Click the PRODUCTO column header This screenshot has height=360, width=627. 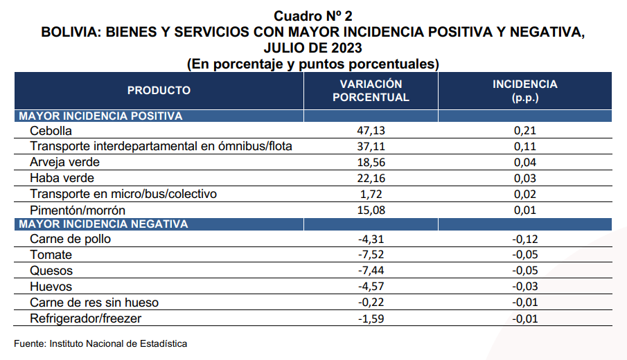(x=159, y=91)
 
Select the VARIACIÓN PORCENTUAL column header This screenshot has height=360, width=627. (x=371, y=91)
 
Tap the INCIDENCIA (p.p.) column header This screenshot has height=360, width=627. (x=524, y=91)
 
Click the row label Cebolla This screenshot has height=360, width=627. (x=51, y=130)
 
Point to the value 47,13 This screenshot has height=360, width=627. (x=371, y=130)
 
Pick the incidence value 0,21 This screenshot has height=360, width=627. (x=525, y=130)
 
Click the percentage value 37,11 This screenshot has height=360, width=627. (x=371, y=146)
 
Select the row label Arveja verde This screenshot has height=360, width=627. (x=65, y=162)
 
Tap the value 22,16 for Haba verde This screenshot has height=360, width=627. (x=371, y=178)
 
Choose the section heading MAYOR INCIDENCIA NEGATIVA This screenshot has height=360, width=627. (x=103, y=224)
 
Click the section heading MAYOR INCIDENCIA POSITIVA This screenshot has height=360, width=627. (x=100, y=116)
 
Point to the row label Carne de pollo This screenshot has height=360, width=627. (x=70, y=240)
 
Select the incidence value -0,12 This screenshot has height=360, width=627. (x=524, y=240)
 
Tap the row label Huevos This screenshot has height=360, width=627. (x=51, y=287)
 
